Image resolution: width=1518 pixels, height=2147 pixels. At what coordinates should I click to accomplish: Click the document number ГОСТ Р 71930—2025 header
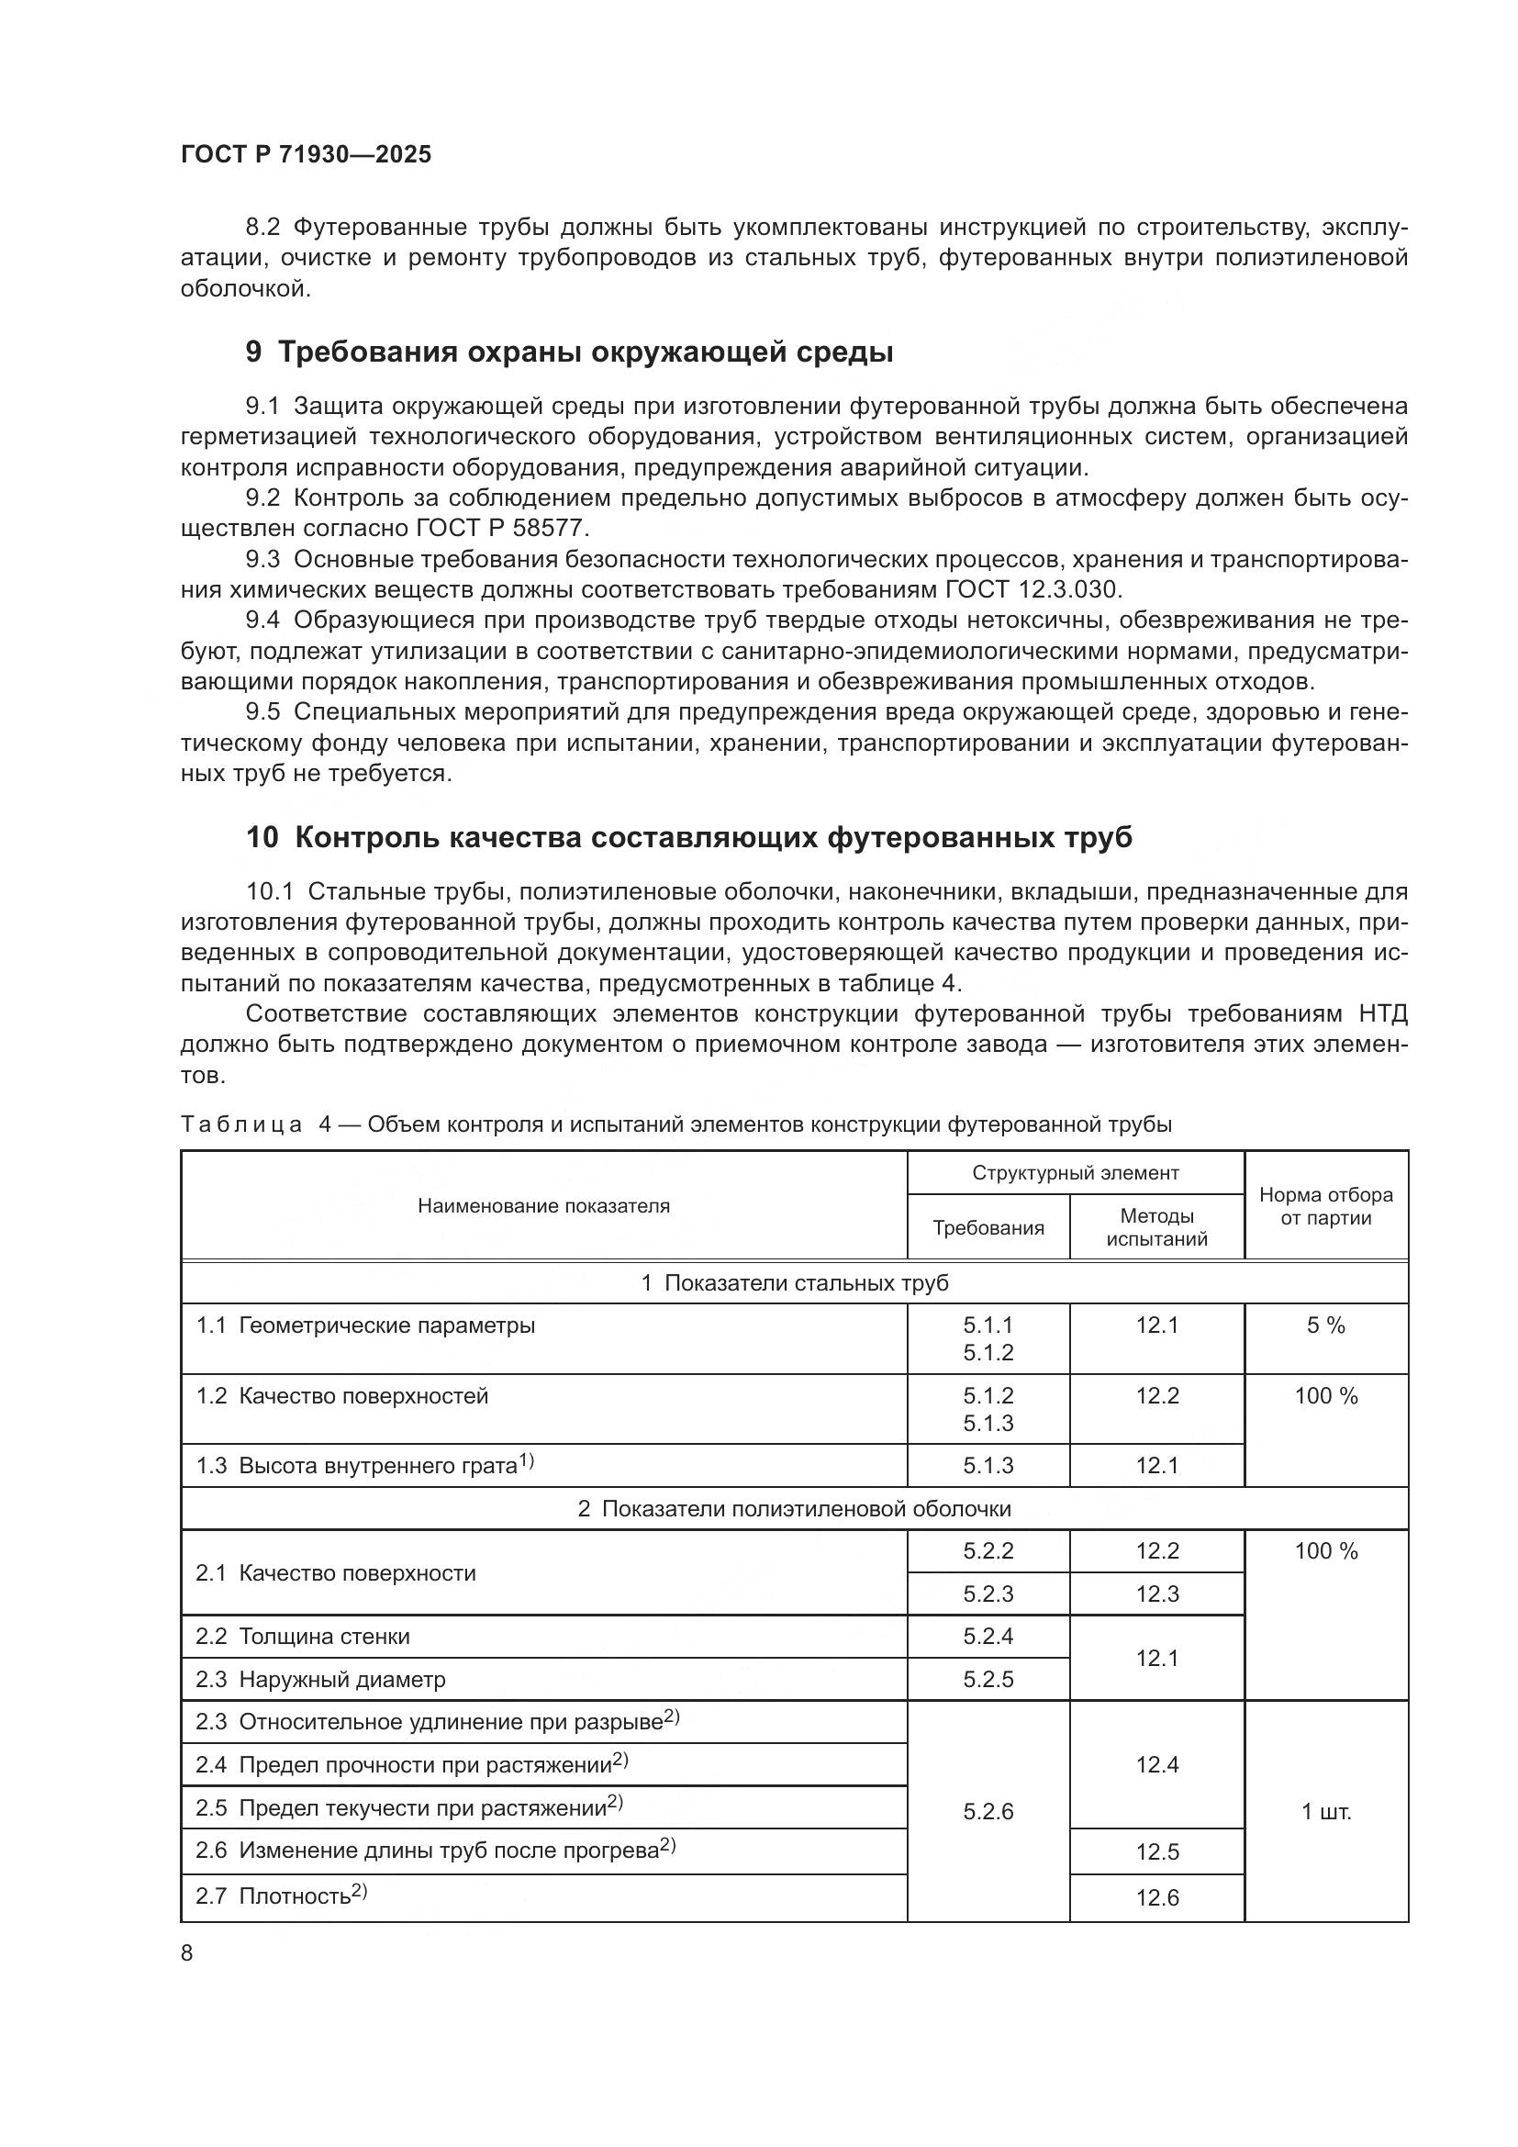coord(306,154)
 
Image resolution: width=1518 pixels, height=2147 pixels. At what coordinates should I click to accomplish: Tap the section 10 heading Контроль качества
coord(688,837)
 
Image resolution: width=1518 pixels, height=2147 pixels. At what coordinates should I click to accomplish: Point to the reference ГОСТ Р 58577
coord(502,529)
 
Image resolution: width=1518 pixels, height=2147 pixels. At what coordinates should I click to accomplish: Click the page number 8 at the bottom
coord(187,1952)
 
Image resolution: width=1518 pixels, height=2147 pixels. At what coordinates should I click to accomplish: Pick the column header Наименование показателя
coord(543,1205)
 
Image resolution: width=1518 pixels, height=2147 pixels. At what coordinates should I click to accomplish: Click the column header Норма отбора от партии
coord(1325,1205)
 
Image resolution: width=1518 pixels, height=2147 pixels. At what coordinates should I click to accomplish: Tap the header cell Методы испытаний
coord(1156,1227)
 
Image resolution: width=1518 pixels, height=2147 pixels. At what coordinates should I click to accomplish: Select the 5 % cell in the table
coord(1325,1325)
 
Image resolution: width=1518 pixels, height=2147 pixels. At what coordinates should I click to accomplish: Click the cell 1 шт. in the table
coord(1325,1812)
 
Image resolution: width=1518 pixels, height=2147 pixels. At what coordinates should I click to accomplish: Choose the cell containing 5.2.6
coord(988,1812)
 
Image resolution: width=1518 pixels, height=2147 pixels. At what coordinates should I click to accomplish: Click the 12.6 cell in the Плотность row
coord(1156,1897)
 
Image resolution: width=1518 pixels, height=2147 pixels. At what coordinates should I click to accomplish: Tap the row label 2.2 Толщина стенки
coord(302,1637)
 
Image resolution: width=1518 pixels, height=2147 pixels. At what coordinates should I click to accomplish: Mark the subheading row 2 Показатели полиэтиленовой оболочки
coord(794,1508)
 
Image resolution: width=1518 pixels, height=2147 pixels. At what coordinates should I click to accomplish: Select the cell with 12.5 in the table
coord(1156,1851)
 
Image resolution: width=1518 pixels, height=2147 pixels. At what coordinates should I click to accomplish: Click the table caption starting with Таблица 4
coord(675,1124)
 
